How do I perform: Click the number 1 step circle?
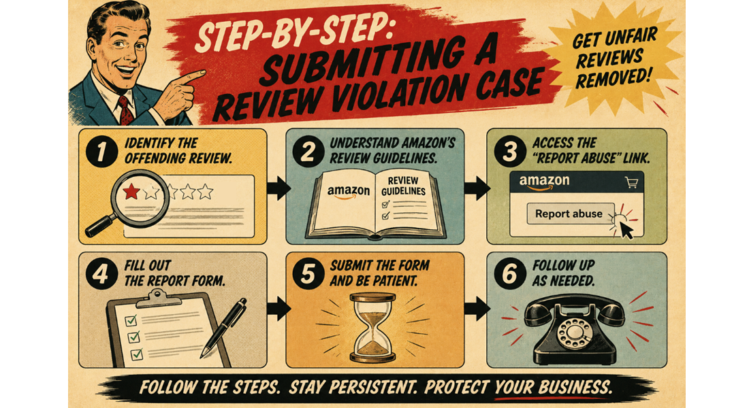pyautogui.click(x=101, y=152)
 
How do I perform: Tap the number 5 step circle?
pyautogui.click(x=308, y=275)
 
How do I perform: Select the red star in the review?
pyautogui.click(x=131, y=191)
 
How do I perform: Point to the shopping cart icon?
pyautogui.click(x=631, y=182)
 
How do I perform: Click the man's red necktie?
pyautogui.click(x=126, y=110)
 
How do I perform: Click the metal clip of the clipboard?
pyautogui.click(x=159, y=300)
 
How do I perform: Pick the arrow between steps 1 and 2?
pyautogui.click(x=279, y=188)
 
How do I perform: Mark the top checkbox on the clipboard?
pyautogui.click(x=131, y=320)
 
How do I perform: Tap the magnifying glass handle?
pyautogui.click(x=101, y=226)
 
